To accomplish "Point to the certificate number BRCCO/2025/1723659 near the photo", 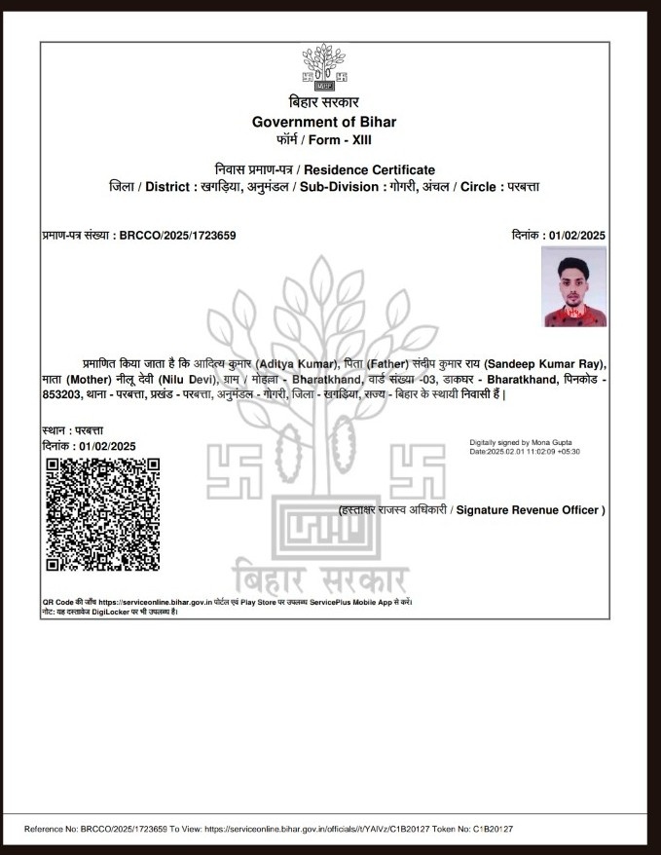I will click(x=177, y=236).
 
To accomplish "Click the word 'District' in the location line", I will click(x=169, y=186).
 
